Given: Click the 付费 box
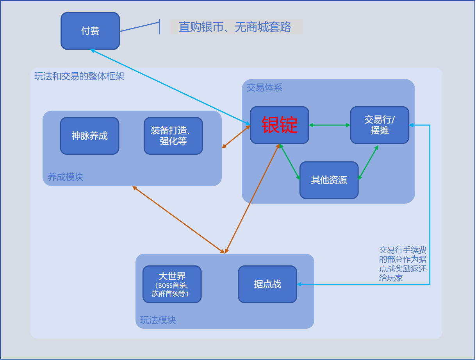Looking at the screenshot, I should pos(90,31).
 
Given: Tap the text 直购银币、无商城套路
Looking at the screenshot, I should pos(235,27).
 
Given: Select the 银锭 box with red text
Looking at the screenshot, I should pos(280,125).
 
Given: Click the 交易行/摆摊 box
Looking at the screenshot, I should pos(380,125).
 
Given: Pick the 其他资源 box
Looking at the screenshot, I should pos(329,180).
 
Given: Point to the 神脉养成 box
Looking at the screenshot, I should pos(89,136).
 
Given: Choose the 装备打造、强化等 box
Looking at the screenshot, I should pos(173,136).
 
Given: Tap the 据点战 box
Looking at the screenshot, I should pos(267,284).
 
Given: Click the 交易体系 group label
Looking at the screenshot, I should pos(264,88).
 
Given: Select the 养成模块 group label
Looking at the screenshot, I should pos(66,177).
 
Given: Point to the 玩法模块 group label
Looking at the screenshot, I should pos(158,320).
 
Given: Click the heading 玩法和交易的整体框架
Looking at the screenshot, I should pos(79,76).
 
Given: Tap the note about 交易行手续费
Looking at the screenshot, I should pos(403,264).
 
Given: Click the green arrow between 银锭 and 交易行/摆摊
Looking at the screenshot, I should pos(330,125).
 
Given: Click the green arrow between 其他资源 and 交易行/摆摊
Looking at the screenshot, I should pos(368,163).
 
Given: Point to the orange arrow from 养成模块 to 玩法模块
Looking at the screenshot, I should pos(178,219).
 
